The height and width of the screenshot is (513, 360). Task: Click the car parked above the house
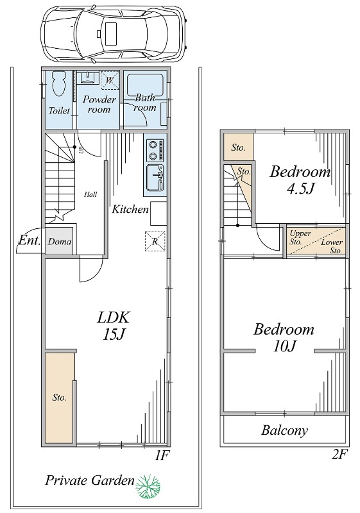click(114, 33)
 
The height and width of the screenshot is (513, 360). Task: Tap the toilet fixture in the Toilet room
click(59, 84)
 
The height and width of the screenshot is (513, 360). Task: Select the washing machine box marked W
click(110, 80)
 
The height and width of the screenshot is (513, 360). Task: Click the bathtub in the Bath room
click(145, 85)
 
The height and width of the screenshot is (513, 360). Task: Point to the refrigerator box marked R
click(155, 242)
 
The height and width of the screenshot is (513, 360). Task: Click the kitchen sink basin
click(155, 178)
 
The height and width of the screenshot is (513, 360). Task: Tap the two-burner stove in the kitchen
click(155, 150)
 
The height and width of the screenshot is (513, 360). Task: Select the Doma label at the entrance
click(60, 242)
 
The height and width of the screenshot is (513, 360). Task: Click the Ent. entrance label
click(30, 241)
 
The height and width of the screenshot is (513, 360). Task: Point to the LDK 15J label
click(114, 326)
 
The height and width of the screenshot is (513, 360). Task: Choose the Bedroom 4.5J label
click(300, 180)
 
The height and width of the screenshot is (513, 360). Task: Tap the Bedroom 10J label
click(284, 337)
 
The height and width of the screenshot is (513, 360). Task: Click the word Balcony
click(284, 430)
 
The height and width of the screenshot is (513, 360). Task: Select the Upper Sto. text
click(300, 238)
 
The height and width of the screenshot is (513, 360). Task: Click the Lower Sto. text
click(332, 246)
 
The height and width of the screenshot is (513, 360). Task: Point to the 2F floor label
click(339, 455)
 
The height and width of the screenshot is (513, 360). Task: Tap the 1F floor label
click(161, 455)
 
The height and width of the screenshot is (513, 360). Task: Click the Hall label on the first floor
click(90, 194)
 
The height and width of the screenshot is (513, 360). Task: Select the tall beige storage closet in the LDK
click(59, 397)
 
